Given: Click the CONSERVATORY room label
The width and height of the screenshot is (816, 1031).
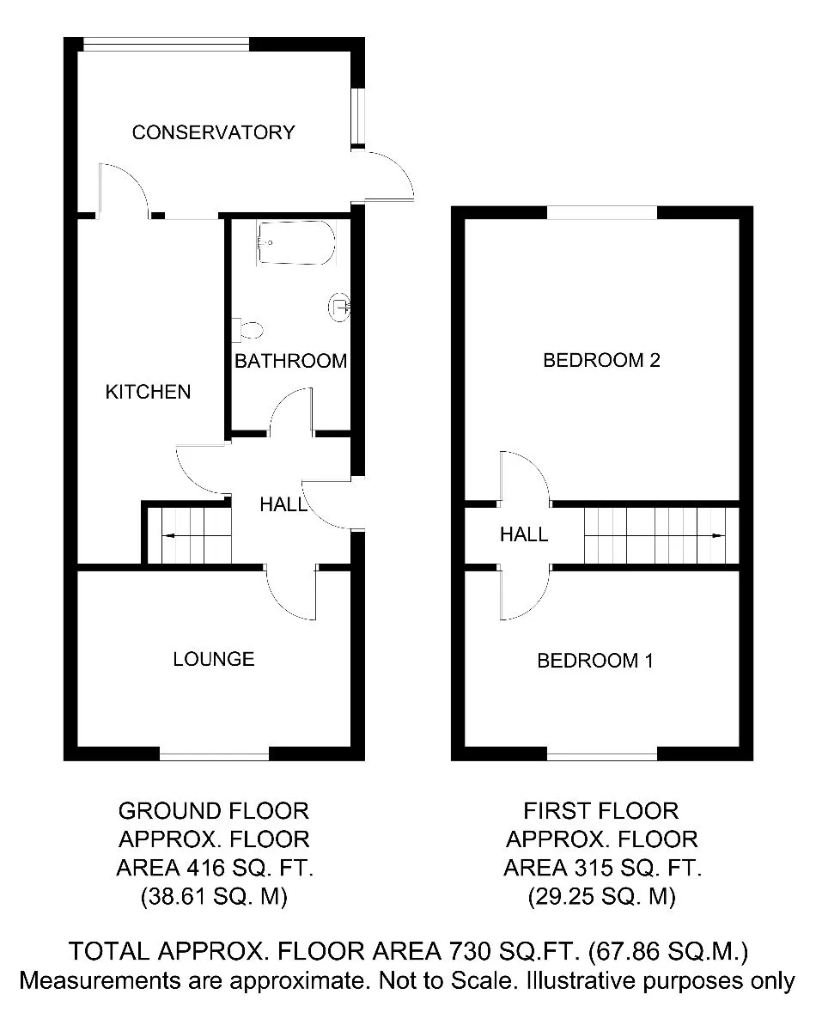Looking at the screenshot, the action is (x=213, y=132).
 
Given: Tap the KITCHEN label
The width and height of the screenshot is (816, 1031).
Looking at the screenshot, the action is (x=148, y=392).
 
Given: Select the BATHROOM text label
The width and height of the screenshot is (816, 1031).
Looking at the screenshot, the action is (x=291, y=361).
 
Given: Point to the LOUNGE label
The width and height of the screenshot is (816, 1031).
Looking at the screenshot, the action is (x=214, y=659).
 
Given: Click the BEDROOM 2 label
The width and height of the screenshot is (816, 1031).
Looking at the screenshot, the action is (x=601, y=360).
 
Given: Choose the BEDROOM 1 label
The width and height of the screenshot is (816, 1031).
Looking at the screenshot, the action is (x=595, y=661).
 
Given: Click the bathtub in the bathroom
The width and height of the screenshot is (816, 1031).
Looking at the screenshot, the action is (x=295, y=242).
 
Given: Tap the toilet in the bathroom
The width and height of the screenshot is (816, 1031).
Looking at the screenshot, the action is (x=247, y=330).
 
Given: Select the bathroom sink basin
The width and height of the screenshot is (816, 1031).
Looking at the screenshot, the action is (x=340, y=307).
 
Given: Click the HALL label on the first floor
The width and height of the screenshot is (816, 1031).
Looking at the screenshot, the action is (x=524, y=534).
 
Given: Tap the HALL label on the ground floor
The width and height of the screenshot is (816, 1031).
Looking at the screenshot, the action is (x=283, y=504).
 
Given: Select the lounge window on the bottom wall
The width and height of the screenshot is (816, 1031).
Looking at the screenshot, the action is (x=214, y=757).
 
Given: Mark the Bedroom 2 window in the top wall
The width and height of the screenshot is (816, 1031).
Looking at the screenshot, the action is (x=602, y=212).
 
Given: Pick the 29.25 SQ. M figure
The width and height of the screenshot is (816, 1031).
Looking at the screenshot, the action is (x=602, y=896).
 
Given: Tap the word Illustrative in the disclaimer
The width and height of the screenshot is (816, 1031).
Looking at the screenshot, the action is (x=582, y=980).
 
